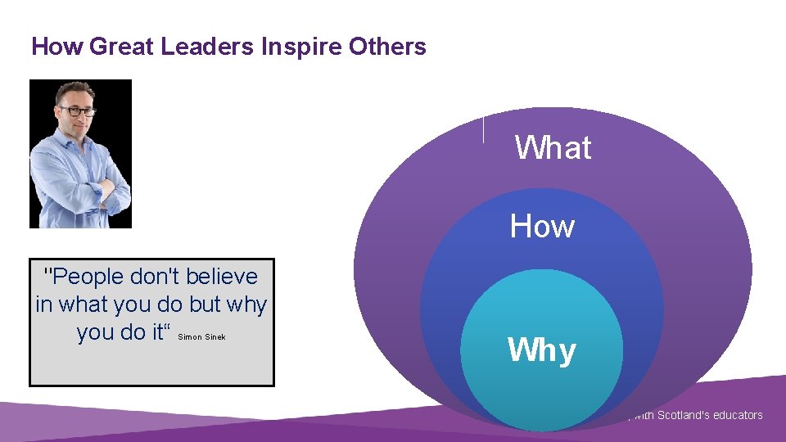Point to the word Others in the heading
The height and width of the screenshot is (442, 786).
[386, 47]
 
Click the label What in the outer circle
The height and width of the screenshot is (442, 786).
[553, 148]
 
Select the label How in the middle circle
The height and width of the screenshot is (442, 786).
[542, 226]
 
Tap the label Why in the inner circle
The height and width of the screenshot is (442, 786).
[542, 350]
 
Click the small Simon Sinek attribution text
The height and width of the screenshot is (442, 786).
[201, 336]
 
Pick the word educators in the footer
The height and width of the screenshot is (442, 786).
[737, 415]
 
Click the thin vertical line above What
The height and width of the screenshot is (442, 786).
[484, 129]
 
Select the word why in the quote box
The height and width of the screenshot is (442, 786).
[247, 304]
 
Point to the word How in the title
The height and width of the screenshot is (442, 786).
[57, 47]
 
